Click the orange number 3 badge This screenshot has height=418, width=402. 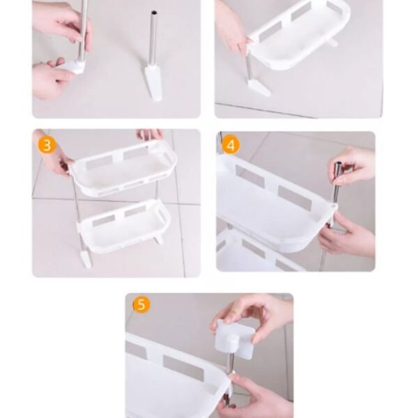click(x=47, y=146)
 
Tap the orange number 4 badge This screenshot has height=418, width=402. click(x=231, y=146)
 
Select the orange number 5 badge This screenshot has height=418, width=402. click(x=141, y=304)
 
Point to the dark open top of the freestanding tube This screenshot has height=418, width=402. click(x=154, y=13)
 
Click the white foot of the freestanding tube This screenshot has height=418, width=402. click(x=153, y=82)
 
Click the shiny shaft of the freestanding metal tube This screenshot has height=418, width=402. click(x=153, y=38)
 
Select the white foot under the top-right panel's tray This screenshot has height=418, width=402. click(x=258, y=88)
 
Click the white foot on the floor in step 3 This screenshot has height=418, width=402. click(x=86, y=258)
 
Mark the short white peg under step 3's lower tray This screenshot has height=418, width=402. click(x=159, y=239)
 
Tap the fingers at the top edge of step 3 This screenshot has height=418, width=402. click(x=150, y=135)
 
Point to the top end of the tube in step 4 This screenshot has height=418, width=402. click(x=339, y=164)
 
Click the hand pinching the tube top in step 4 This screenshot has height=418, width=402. click(x=353, y=167)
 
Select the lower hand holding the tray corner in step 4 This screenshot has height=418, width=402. click(x=346, y=235)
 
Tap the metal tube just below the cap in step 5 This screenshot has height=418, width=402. click(x=231, y=362)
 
